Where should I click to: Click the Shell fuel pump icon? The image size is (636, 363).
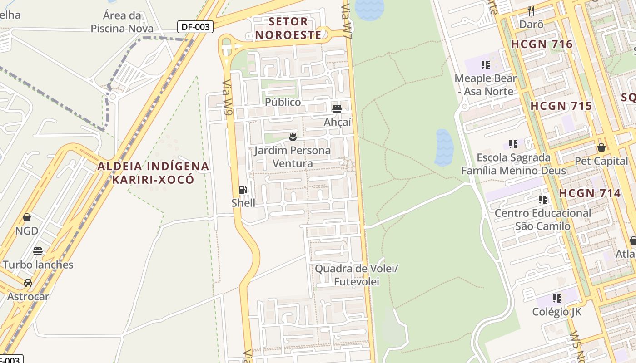243,190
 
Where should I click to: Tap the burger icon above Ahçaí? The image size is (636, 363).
337,109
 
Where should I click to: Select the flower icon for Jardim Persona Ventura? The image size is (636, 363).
293,137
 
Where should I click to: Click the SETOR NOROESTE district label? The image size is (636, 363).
288,28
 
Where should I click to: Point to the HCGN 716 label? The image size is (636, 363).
542,44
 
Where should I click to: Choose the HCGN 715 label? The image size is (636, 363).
561,106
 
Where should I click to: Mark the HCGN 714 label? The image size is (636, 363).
590,193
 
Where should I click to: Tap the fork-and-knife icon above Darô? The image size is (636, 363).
531,10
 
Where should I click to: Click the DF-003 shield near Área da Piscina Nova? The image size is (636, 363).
195,27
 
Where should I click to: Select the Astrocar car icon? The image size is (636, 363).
28,283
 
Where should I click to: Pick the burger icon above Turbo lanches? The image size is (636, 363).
38,251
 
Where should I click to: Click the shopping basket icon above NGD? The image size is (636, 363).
27,217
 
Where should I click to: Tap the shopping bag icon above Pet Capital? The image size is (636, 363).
601,147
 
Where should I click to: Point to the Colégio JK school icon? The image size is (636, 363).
557,299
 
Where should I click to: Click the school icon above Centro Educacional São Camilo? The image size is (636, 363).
542,199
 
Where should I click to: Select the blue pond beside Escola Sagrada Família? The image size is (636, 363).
444,148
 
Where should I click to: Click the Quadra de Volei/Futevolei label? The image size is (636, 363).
356,275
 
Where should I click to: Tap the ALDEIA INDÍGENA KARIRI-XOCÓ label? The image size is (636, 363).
154,172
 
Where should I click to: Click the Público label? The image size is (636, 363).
283,102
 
